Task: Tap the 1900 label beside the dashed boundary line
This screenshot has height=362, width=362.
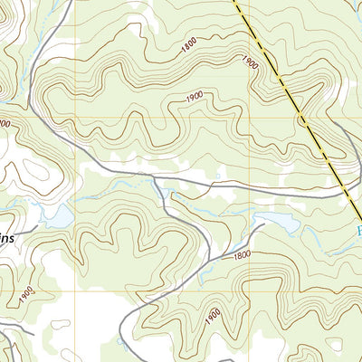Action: click(x=249, y=61)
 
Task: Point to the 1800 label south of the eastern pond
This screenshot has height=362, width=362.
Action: click(x=241, y=256)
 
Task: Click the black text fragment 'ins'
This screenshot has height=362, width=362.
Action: click(x=9, y=238)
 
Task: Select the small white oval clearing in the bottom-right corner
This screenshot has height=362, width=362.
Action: click(x=336, y=345)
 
